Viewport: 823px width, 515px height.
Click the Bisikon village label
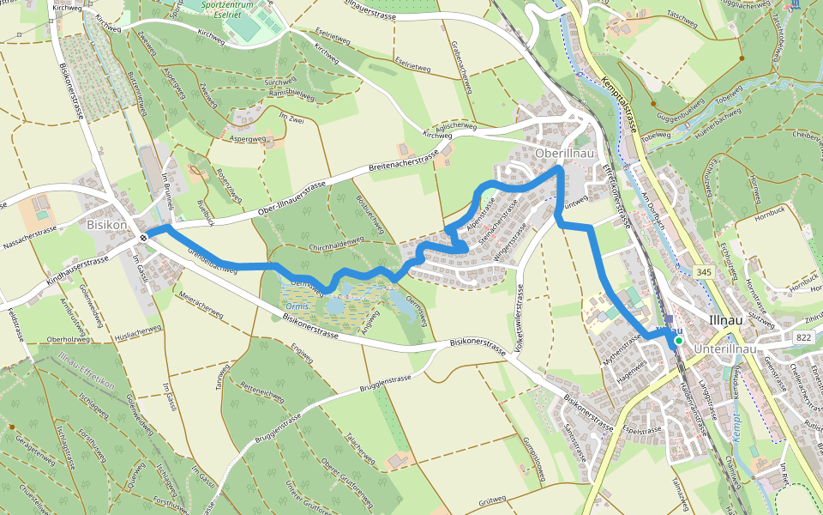point(106,224)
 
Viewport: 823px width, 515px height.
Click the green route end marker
point(678,341)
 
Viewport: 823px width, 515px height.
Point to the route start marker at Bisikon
point(144,237)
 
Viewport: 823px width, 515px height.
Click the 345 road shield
point(704,272)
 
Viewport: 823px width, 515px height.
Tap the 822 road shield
point(803,337)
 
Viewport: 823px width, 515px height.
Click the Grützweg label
point(494,499)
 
